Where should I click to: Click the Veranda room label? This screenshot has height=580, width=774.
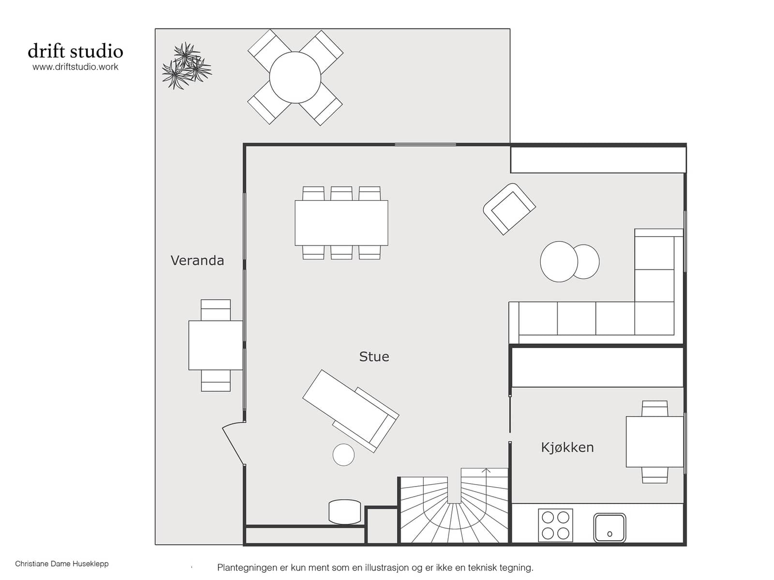(197, 261)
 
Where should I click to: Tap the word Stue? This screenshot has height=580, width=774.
(374, 357)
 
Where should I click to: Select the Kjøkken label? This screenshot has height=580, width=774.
(567, 448)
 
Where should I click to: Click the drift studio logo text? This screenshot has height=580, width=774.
(75, 51)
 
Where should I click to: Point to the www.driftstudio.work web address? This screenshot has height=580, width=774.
(75, 67)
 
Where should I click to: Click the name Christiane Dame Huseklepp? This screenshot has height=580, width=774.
(62, 564)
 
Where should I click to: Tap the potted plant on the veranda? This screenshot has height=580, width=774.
(187, 66)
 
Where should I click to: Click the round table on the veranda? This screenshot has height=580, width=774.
(295, 77)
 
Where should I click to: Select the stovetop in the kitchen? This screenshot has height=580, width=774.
(555, 525)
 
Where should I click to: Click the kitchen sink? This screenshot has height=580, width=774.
(610, 528)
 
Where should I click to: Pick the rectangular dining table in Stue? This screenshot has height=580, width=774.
(342, 223)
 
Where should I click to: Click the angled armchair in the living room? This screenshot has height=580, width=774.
(509, 209)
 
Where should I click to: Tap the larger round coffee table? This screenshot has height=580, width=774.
(559, 261)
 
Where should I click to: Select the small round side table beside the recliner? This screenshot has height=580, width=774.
(343, 455)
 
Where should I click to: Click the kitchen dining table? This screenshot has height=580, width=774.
(655, 442)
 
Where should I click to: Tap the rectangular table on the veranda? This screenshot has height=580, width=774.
(216, 345)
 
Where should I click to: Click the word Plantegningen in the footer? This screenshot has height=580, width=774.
(247, 568)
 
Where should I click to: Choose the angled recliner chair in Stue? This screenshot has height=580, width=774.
(351, 411)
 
